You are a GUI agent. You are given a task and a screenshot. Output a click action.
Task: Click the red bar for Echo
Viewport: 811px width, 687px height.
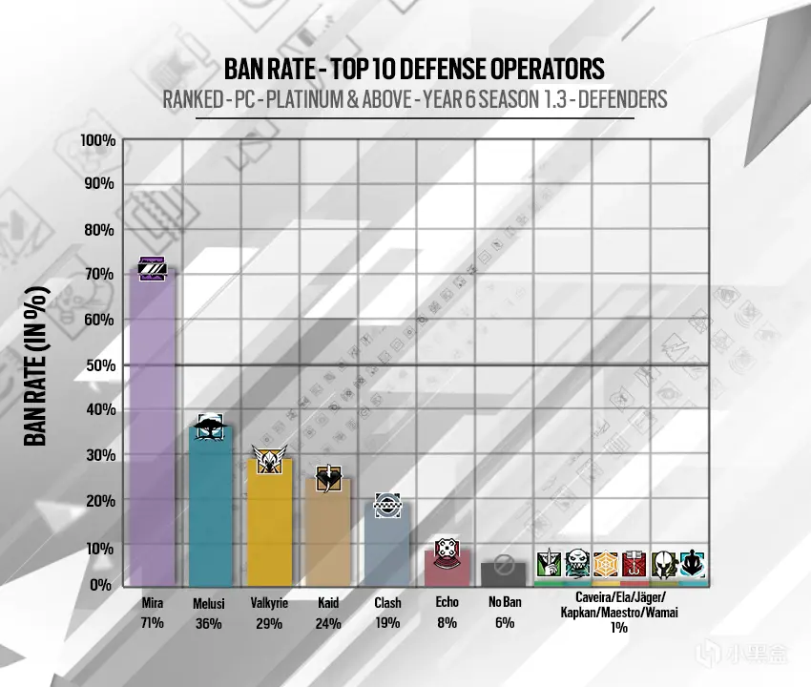click(x=446, y=569)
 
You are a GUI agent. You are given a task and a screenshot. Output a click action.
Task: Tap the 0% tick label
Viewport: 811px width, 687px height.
click(x=102, y=584)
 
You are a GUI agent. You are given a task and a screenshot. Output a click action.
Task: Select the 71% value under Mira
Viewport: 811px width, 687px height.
click(x=152, y=623)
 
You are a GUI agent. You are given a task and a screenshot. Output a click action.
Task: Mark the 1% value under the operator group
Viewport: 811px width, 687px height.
click(x=620, y=628)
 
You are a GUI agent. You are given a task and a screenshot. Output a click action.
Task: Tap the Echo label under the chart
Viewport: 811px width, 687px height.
click(x=446, y=604)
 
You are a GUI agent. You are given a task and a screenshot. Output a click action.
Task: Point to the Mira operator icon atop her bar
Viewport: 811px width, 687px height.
click(x=153, y=269)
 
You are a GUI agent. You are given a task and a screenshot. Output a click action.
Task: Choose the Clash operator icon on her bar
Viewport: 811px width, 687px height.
click(x=386, y=505)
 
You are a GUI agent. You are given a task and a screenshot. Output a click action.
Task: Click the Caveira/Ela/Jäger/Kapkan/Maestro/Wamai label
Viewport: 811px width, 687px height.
click(x=620, y=606)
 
